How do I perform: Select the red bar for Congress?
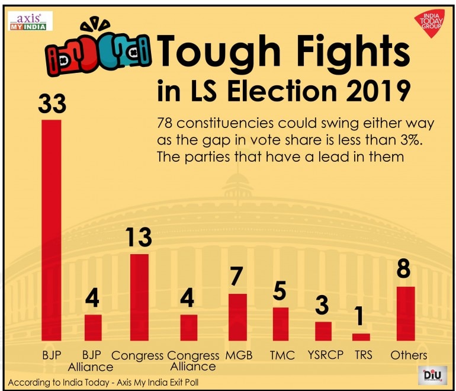point(139,297)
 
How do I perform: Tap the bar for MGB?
point(237,317)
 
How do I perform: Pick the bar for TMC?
point(281,324)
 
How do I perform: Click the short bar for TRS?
point(361,337)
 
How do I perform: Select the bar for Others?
point(406,313)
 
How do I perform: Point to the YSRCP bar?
point(323,331)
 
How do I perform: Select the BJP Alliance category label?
point(93,360)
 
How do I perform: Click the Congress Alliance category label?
point(193,360)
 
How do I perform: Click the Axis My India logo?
point(30,21)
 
